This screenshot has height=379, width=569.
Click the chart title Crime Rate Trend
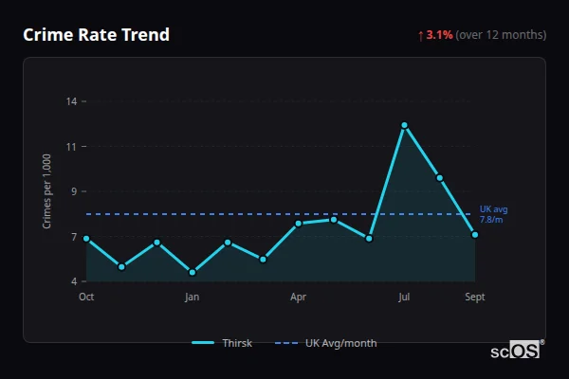97,35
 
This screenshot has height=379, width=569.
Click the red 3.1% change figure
439,35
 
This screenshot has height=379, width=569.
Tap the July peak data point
404,125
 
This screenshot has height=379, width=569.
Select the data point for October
86,239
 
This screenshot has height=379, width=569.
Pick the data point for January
193,272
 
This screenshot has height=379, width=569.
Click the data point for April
298,224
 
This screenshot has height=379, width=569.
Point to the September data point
474,235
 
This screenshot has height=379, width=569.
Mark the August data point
439,177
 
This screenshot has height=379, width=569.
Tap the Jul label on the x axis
404,297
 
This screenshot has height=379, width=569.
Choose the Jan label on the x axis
193,297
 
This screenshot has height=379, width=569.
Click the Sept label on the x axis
474,297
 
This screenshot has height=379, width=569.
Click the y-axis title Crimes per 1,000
46,190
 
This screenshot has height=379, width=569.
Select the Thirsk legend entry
223,343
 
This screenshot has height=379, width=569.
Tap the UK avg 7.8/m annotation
493,214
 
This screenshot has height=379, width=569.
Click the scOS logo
516,350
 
